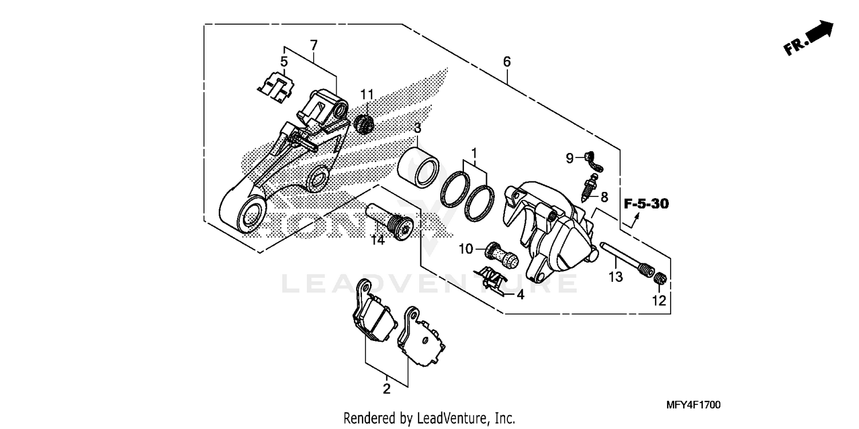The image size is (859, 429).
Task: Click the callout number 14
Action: tap(377, 241)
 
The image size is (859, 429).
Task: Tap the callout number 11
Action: tap(367, 94)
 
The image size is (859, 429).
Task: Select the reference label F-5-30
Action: tap(647, 203)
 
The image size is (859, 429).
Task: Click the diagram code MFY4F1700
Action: tap(693, 405)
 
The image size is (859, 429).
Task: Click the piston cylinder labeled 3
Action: tap(419, 167)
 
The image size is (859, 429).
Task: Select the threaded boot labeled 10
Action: tap(502, 254)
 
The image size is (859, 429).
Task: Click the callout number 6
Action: tap(507, 61)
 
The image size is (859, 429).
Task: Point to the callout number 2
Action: tap(387, 389)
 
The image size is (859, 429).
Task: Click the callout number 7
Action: tap(313, 45)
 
